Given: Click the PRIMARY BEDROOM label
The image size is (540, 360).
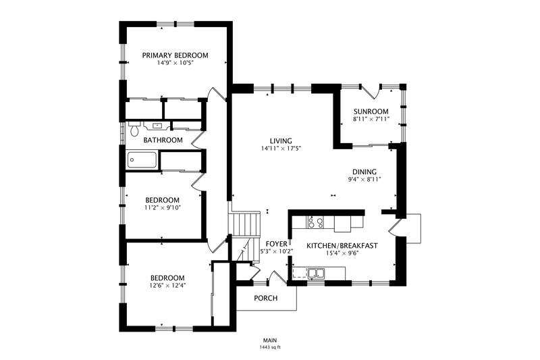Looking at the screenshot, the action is [175, 55].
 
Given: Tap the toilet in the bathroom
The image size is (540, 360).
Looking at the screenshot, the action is [134, 128].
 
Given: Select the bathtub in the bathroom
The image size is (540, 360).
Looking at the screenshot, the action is [142, 160].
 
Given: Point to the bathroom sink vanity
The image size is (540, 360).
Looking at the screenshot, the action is [157, 126].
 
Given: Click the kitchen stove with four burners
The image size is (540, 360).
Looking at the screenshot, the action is [316, 222].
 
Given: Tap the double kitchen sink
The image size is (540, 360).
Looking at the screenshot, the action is [317, 273].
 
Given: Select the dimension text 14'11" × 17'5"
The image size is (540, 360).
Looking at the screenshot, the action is [281, 149].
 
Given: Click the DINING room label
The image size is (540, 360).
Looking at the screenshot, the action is [364, 172].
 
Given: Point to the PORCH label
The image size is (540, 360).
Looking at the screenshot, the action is [265, 298].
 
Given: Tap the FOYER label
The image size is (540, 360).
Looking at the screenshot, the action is [277, 245].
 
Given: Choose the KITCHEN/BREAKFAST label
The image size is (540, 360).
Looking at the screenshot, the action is [342, 246].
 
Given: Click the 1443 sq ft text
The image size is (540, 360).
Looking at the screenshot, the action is [270, 347].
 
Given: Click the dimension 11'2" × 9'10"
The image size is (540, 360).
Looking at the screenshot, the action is [163, 207].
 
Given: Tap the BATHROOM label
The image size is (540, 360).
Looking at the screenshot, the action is [163, 140].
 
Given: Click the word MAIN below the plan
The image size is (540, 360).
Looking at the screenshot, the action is [270, 340].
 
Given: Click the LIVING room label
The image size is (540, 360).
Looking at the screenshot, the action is [281, 141].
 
